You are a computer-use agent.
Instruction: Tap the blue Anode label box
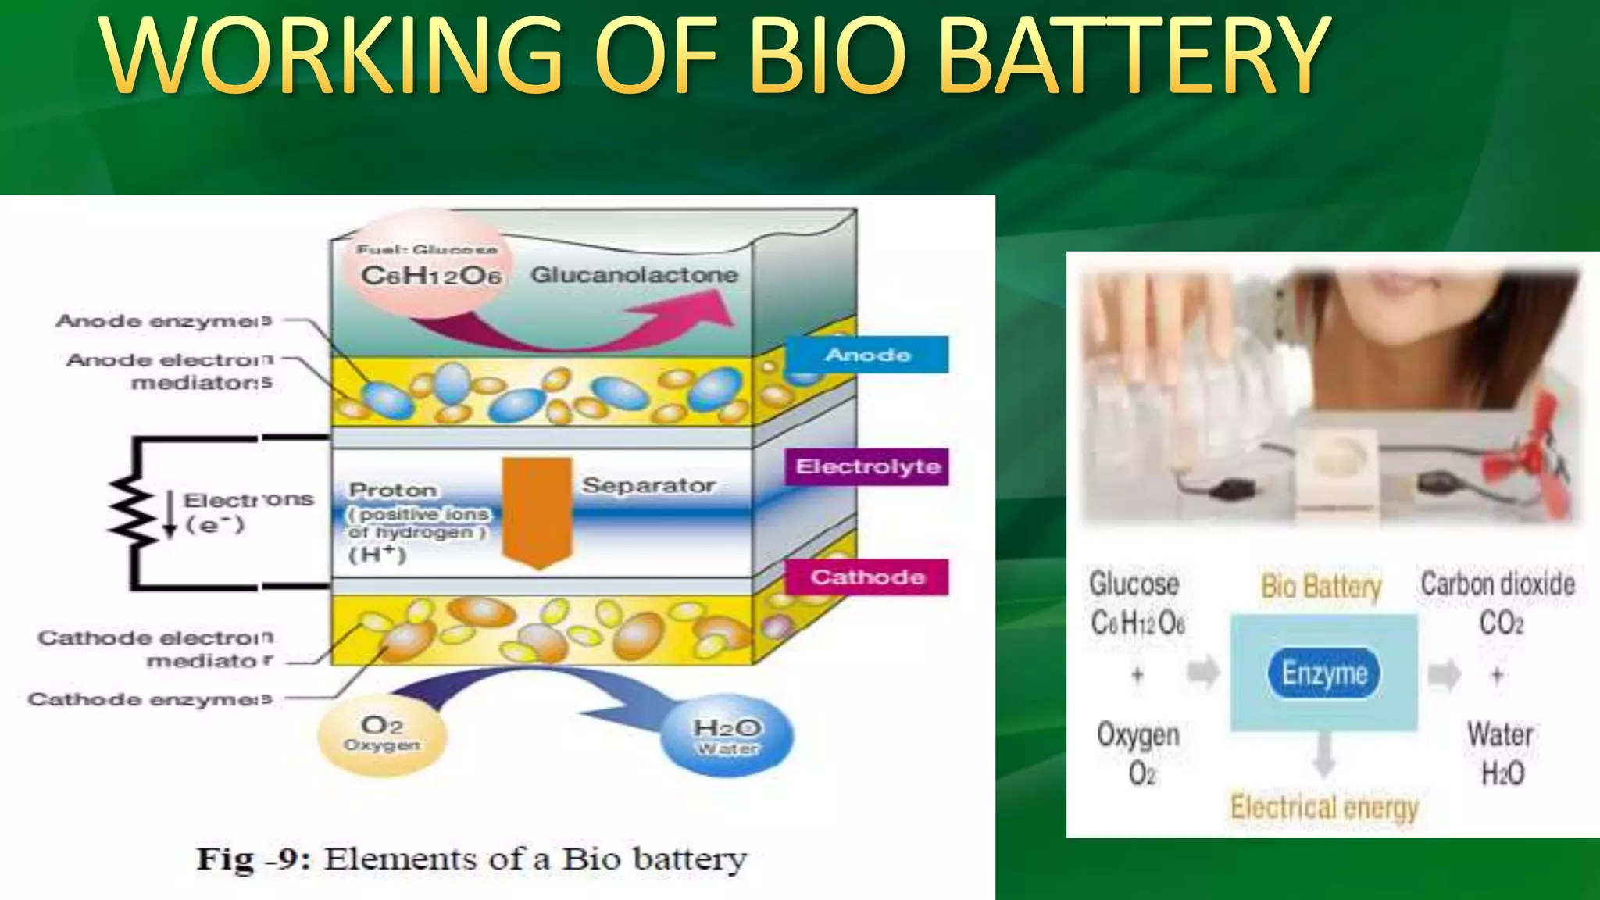[x=867, y=355]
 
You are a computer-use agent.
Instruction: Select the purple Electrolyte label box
[x=867, y=466]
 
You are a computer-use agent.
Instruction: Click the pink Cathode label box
[x=867, y=577]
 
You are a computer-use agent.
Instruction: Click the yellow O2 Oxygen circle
[x=382, y=734]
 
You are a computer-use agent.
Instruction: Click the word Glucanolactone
[x=634, y=275]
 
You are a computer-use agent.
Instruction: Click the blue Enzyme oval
[x=1324, y=673]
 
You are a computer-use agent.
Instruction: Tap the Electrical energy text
[x=1324, y=807]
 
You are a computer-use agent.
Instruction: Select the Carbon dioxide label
[x=1497, y=584]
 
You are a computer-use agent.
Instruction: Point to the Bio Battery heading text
[x=1321, y=586]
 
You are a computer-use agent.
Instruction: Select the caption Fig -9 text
[x=471, y=859]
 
